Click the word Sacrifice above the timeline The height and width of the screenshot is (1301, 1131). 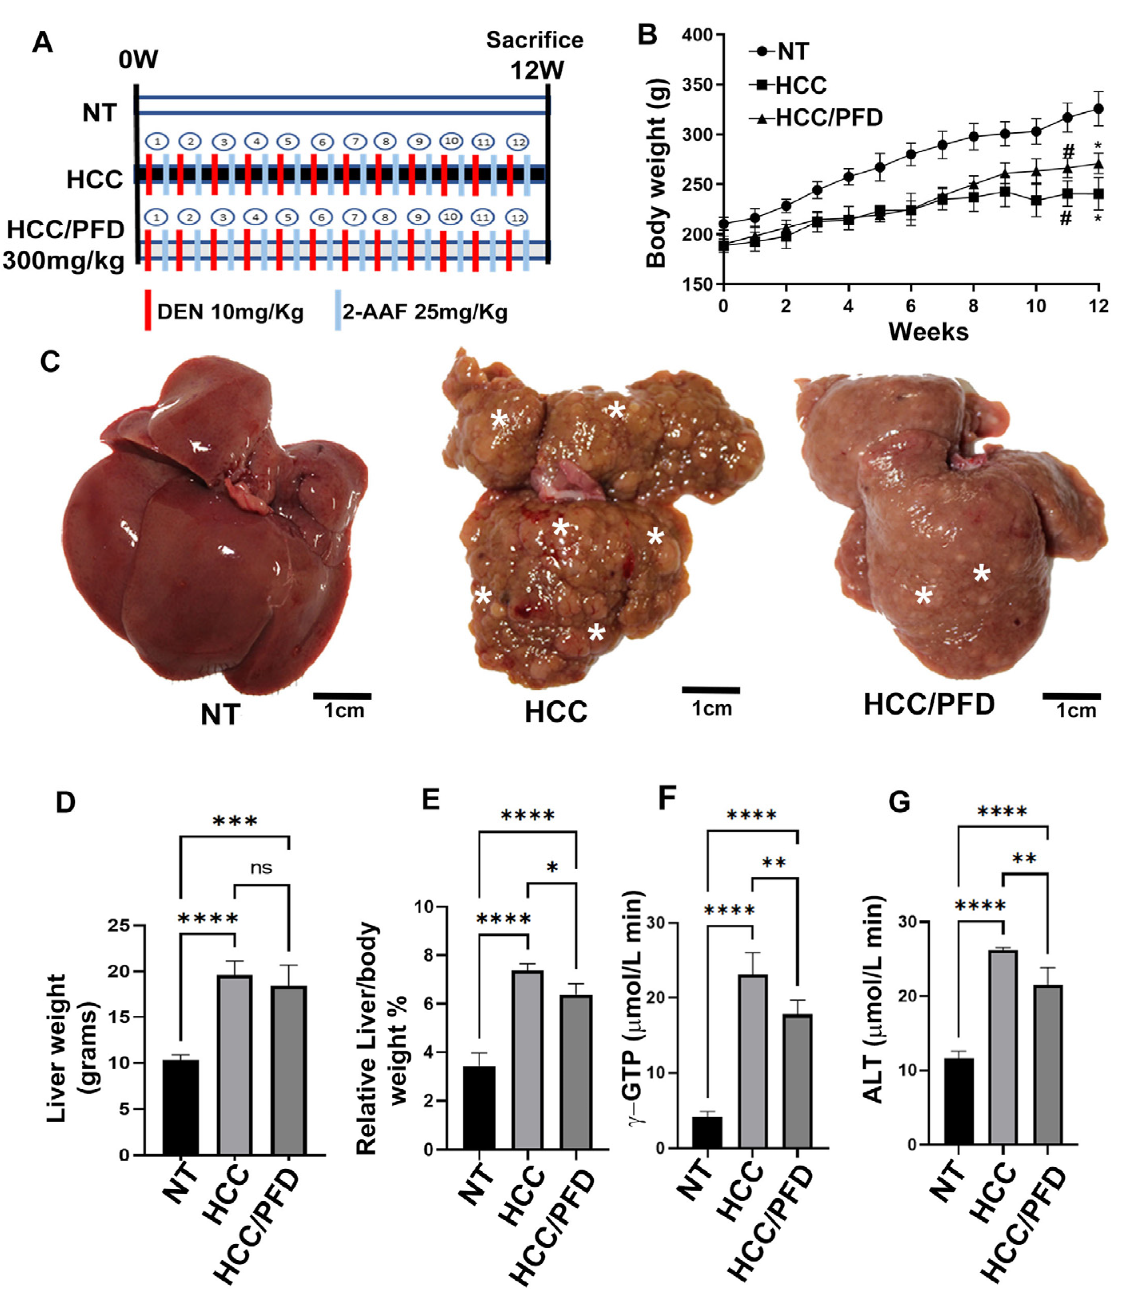pyautogui.click(x=534, y=40)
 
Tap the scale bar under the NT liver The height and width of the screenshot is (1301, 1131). pyautogui.click(x=342, y=697)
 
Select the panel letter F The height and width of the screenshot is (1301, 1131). pyautogui.click(x=666, y=799)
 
